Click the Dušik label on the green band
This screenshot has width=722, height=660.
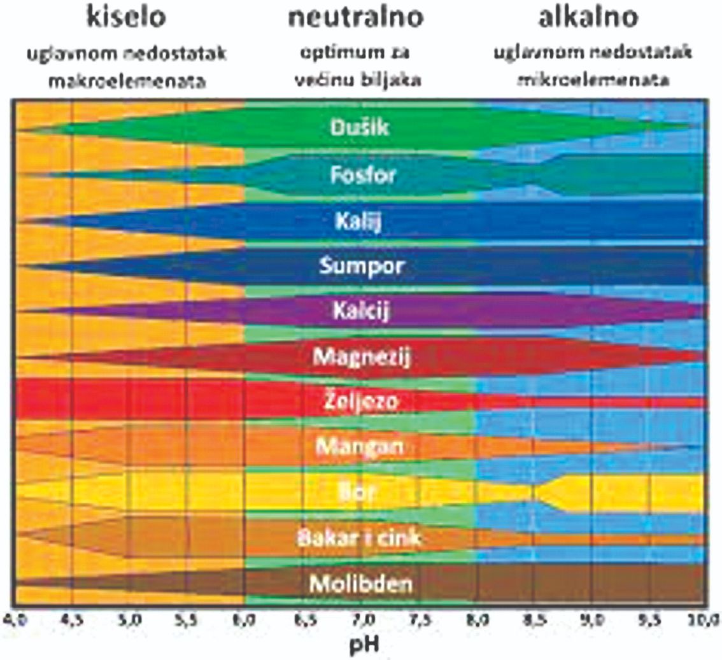click(360, 128)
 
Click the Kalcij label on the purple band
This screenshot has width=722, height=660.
click(360, 312)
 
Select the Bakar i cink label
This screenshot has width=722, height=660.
click(360, 538)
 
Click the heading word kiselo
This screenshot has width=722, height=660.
click(127, 18)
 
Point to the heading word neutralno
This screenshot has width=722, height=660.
click(355, 18)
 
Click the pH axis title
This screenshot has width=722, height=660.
click(361, 644)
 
